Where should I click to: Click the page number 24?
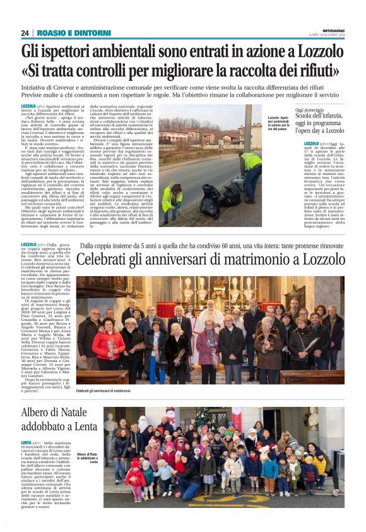[25, 33]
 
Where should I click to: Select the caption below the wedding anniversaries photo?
[103, 392]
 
